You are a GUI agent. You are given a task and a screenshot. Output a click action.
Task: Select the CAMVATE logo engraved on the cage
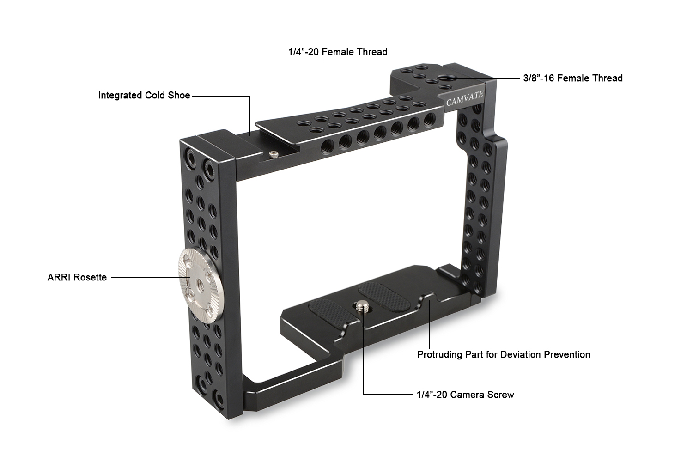(465, 98)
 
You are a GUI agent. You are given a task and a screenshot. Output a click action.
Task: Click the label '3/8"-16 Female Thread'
(573, 78)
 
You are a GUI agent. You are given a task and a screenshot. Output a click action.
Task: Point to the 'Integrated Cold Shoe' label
(144, 96)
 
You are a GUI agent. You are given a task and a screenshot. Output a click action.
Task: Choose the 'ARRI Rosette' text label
(77, 278)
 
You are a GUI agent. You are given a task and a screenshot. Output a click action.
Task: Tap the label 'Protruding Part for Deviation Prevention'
(504, 354)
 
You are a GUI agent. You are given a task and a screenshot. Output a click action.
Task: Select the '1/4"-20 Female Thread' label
(338, 52)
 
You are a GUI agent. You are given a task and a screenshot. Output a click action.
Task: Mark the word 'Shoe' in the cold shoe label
(179, 96)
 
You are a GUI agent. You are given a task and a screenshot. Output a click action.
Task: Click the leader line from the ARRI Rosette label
(144, 278)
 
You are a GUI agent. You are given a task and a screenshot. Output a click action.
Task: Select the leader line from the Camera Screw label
(388, 394)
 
